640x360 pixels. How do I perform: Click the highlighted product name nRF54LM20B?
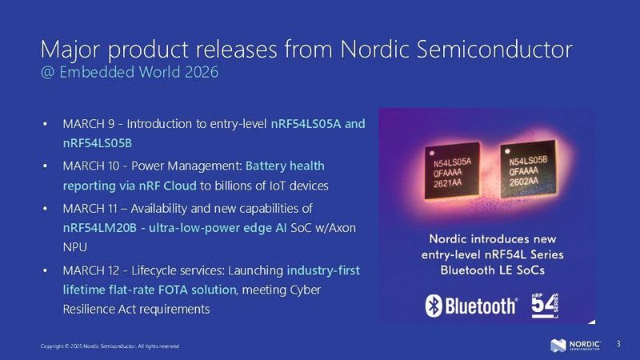click(x=97, y=227)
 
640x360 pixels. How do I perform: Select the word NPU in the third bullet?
click(x=74, y=248)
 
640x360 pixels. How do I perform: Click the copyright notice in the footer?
click(x=110, y=346)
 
